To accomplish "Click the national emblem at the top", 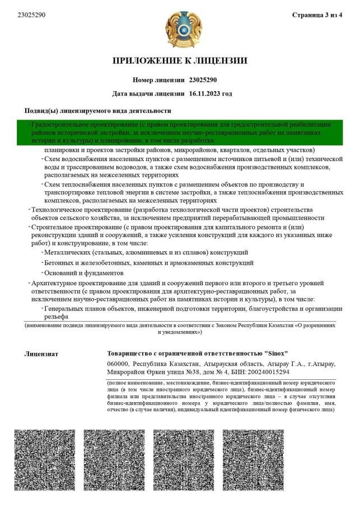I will tap(180, 30).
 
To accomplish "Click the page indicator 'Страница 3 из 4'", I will tap(317, 15).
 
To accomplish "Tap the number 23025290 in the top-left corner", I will tap(32, 15).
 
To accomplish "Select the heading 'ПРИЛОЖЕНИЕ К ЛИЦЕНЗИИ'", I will tap(180, 60).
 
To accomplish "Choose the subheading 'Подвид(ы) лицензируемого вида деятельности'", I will tap(98, 111).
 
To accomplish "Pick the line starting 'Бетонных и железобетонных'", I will tap(149, 262).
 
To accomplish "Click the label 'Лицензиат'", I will tap(41, 354).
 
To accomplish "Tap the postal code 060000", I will tap(118, 364).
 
